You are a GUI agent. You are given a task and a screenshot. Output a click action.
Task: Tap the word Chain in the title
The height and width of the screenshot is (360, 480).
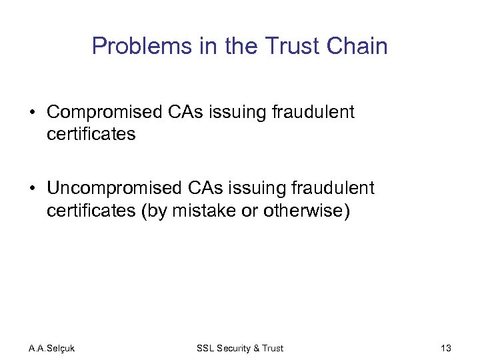click(x=359, y=47)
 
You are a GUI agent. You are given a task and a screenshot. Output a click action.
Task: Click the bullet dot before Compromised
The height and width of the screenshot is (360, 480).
click(x=33, y=113)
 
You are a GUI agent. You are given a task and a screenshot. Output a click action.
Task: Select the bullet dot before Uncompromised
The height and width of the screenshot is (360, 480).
click(x=33, y=189)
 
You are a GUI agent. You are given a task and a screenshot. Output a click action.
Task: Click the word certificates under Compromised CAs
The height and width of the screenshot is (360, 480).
click(x=91, y=134)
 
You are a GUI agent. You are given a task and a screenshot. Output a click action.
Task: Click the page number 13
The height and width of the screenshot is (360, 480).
click(x=446, y=348)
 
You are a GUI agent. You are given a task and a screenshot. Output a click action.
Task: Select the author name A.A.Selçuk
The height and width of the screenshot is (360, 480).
click(x=52, y=348)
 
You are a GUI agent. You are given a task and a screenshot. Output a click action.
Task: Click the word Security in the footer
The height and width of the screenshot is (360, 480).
click(x=233, y=348)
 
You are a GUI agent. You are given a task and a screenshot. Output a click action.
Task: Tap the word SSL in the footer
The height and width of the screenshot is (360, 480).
click(x=205, y=348)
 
